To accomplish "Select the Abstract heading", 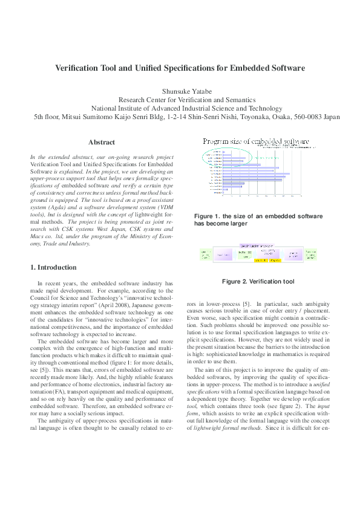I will coord(102,143).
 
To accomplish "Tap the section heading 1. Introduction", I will coord(53,267).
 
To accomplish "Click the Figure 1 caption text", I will coord(258,219).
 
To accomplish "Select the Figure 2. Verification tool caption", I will coord(258,282).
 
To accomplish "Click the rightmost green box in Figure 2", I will coord(310,253).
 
